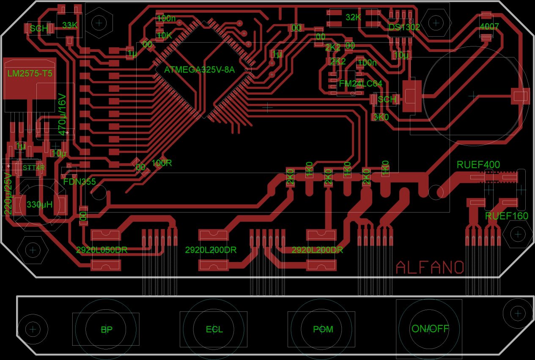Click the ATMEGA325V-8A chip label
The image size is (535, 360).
pos(199,70)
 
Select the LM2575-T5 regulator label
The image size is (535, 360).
pos(30,74)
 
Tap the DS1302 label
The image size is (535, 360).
pos(404,27)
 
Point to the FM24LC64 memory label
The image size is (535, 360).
pos(360,84)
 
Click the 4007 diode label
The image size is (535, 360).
pos(489,27)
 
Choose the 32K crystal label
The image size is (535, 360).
pos(353,17)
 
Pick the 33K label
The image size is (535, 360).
pos(70,25)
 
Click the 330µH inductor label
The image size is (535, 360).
pos(39,205)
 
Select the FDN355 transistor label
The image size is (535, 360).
pos(80,182)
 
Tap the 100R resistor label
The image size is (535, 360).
pos(162,163)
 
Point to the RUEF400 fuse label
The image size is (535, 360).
pos(478,165)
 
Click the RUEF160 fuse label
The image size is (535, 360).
pos(506,216)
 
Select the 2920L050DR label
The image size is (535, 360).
pos(102,250)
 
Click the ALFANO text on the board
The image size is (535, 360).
pos(430,267)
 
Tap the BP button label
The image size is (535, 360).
pos(107,330)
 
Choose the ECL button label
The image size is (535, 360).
pos(214,330)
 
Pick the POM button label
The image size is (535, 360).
pos(323,330)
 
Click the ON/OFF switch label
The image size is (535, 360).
pos(430,329)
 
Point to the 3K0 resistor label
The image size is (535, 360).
pos(381,117)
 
